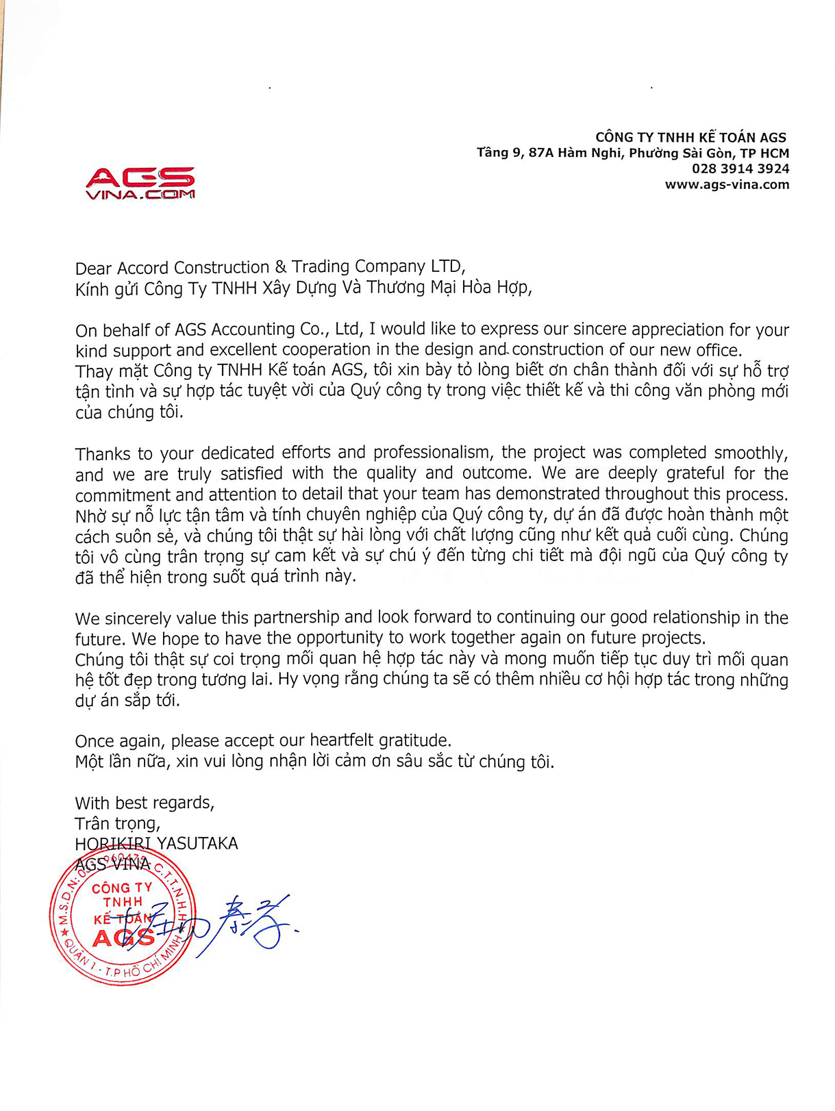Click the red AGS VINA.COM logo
coord(140,183)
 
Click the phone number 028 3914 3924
coord(740,168)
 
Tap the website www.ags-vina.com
coord(727,184)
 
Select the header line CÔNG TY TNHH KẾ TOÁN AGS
coord(690,137)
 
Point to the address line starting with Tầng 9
coord(632,153)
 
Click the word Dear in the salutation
coord(94,268)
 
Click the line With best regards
coord(145,803)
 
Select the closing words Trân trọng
coord(117,823)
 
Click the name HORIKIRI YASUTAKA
coord(156,843)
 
